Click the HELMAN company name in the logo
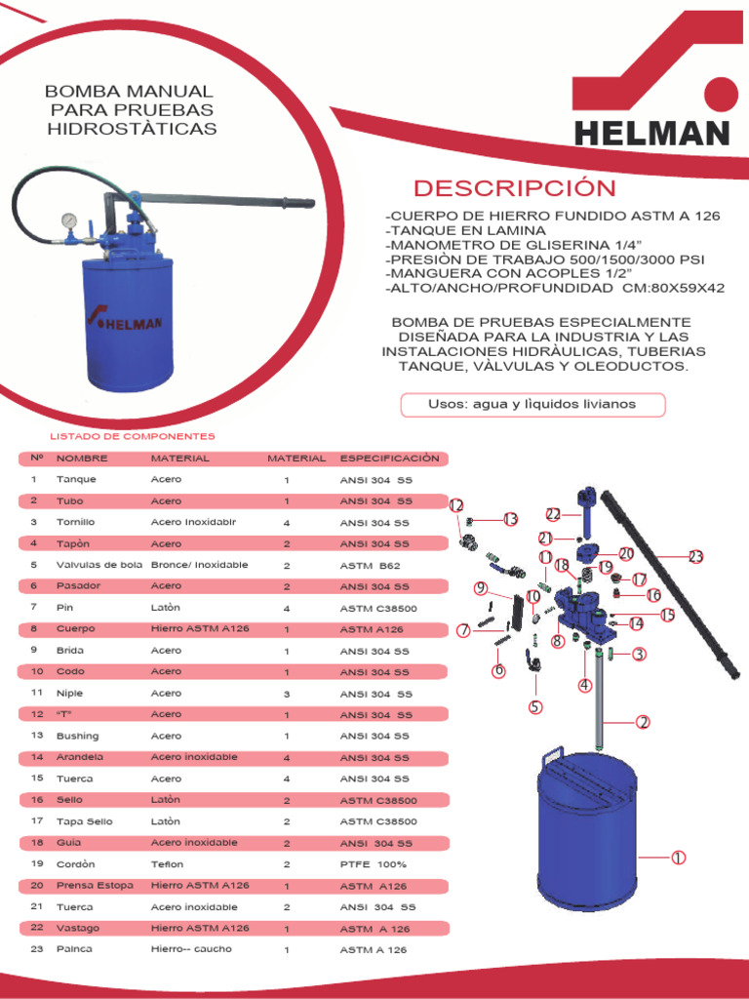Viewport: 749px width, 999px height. [651, 134]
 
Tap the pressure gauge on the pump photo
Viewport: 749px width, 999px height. [70, 220]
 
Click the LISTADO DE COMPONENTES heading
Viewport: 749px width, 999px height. [133, 436]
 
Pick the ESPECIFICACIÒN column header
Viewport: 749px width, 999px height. [389, 458]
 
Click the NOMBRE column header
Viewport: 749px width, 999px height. [82, 458]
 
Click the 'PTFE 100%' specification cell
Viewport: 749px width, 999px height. [374, 864]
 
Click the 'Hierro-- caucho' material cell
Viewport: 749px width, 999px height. [191, 949]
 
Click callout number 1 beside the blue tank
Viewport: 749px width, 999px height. [678, 858]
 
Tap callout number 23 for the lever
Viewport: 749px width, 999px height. [694, 557]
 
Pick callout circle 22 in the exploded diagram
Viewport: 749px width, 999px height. [553, 514]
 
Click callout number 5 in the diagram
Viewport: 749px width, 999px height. [535, 707]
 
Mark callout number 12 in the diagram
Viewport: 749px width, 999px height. [456, 504]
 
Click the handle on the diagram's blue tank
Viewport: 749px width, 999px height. [552, 755]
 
